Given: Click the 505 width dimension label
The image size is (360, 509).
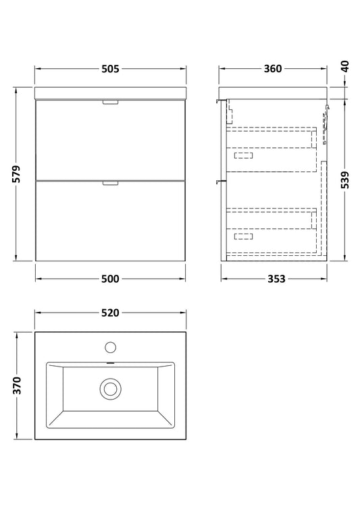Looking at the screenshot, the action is [111, 69].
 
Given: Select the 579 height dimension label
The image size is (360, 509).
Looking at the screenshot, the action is [16, 174].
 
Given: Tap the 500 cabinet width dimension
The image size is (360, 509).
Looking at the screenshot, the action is [110, 279].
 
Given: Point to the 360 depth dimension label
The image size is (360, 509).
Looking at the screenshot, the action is [273, 69].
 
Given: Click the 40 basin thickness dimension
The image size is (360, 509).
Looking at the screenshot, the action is [345, 67].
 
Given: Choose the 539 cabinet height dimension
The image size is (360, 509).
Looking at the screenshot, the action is [345, 180].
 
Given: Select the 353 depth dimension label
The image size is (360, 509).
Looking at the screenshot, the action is [276, 279].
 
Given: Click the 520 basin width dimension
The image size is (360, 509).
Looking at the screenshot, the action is [111, 313].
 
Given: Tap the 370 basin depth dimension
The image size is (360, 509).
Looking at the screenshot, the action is [16, 385].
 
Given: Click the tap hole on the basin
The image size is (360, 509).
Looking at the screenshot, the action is [111, 347].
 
